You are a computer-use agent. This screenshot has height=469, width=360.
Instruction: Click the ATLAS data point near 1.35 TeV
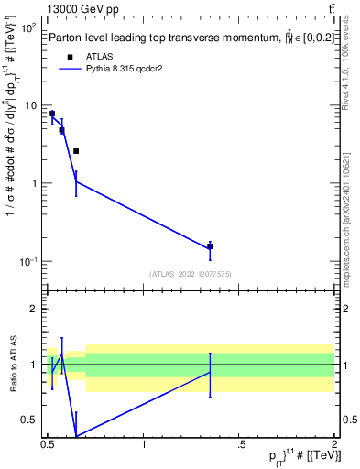(x=210, y=245)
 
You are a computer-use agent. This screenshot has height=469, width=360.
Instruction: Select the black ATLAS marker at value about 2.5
(x=76, y=151)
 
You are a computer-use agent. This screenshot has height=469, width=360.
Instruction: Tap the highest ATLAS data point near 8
(x=52, y=114)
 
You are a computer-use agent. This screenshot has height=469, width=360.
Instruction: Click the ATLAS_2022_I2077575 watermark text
(x=191, y=274)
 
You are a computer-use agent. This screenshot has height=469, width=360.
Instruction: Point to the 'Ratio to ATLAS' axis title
(x=13, y=364)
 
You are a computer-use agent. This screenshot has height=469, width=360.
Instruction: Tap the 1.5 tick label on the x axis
(x=240, y=445)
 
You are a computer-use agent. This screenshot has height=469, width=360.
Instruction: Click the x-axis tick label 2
(x=334, y=445)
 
